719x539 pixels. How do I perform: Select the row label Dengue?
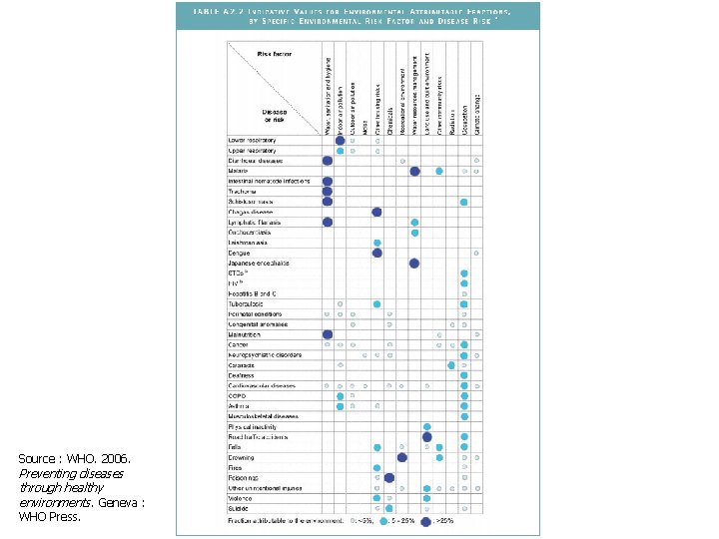(239, 253)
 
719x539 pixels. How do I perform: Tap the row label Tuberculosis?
(245, 303)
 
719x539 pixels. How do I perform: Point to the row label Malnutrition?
(244, 334)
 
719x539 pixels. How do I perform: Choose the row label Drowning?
(242, 457)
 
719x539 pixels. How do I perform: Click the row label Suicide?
(238, 508)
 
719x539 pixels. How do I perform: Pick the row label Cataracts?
(242, 365)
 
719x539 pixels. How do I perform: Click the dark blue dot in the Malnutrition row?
(328, 334)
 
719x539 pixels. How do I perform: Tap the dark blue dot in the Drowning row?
(402, 457)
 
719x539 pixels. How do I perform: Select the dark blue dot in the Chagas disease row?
(377, 212)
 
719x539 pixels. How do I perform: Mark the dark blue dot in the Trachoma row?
(328, 192)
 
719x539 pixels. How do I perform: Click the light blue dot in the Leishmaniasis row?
(377, 243)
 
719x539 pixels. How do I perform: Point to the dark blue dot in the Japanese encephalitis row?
(414, 264)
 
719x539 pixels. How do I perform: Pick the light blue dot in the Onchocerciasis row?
(414, 233)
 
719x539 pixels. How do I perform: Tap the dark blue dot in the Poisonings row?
(389, 478)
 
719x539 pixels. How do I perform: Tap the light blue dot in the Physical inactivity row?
(426, 427)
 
